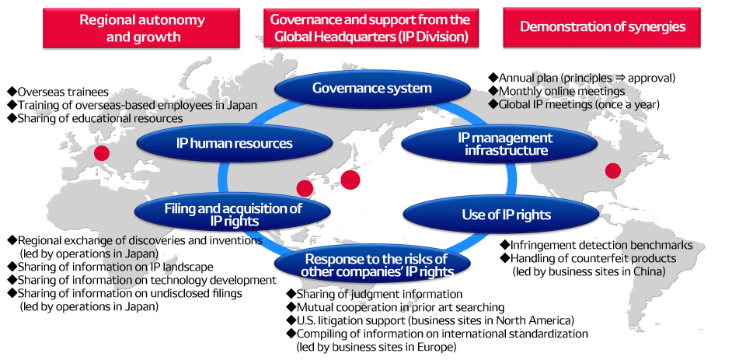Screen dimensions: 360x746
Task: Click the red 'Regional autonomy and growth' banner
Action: click(x=131, y=27)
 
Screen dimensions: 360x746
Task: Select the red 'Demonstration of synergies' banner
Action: click(x=603, y=27)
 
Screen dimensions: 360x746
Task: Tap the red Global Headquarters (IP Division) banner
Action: click(x=371, y=27)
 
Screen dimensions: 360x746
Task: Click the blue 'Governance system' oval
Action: click(x=371, y=88)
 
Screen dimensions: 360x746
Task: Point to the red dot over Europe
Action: click(x=101, y=153)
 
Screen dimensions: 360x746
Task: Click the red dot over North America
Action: click(x=613, y=170)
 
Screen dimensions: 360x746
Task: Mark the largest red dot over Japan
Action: click(x=350, y=180)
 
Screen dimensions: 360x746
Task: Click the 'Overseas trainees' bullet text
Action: click(x=62, y=91)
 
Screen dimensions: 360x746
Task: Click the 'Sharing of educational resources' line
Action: click(x=99, y=118)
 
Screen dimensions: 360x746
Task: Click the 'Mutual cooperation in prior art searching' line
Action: click(x=399, y=307)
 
